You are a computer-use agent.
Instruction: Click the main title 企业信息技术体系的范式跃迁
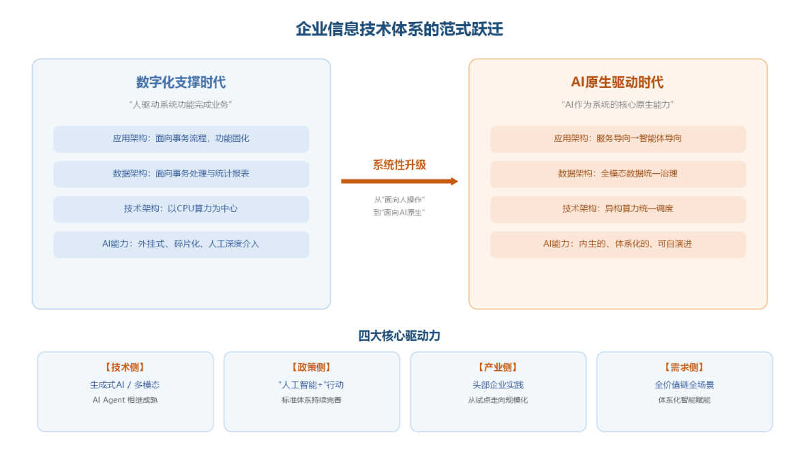[399, 29]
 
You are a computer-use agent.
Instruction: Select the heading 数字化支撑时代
[181, 82]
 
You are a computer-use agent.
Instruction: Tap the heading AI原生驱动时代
[617, 82]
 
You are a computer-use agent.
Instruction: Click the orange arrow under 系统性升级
[399, 181]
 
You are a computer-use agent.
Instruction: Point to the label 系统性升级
[399, 164]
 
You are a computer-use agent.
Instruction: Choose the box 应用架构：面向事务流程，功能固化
[181, 138]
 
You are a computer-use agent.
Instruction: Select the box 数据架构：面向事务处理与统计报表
[181, 174]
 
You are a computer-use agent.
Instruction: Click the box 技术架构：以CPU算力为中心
[181, 209]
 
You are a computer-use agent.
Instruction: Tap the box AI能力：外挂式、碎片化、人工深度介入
[181, 244]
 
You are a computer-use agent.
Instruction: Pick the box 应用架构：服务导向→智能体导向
[618, 138]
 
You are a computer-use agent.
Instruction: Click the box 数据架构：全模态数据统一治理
[618, 174]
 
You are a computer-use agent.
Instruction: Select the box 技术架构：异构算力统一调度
[618, 209]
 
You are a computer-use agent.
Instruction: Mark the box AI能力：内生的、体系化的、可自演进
[618, 244]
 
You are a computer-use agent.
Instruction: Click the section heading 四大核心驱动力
[399, 336]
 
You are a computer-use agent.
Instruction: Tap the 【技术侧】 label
[125, 367]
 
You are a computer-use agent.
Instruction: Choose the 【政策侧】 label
[312, 367]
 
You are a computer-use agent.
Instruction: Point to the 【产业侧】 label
[498, 367]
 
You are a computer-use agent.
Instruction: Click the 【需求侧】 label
[684, 367]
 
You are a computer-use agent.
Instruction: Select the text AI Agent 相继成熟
[125, 400]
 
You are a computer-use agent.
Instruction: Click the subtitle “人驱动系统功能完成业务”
[181, 104]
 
